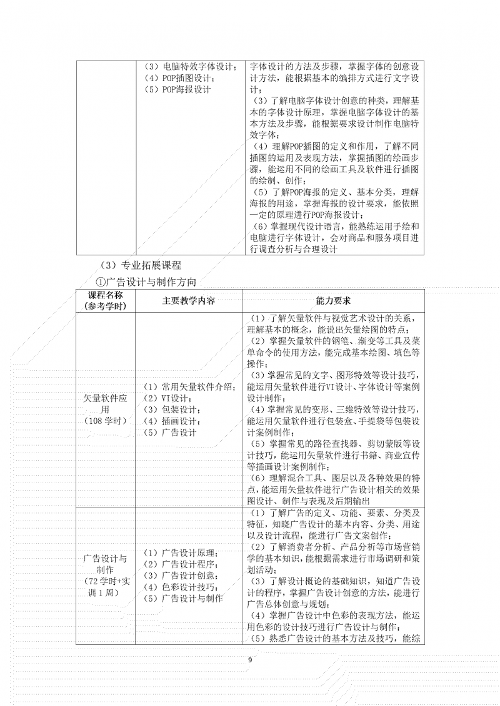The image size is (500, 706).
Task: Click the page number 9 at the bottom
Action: coord(250,660)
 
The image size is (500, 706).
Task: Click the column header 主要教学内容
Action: coord(188,300)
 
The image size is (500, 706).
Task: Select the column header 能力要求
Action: coord(333,300)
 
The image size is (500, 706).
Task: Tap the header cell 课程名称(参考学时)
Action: coord(105,300)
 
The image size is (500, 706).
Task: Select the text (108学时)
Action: coord(105,421)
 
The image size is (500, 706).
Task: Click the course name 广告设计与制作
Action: coord(105,564)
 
